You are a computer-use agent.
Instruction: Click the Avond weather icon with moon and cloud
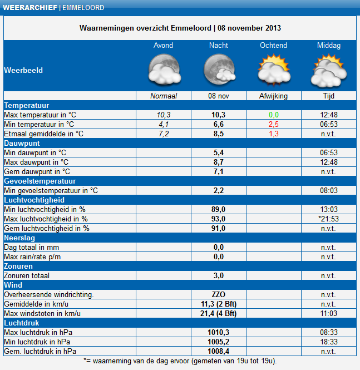165,69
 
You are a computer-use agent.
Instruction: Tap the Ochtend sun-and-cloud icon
274,70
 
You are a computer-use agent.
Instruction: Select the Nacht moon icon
219,69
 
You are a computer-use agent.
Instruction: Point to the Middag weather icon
329,70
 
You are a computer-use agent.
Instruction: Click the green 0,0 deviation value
274,115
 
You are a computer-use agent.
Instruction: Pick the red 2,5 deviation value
274,125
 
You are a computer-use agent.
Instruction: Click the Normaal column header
164,96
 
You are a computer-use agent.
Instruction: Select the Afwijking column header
273,96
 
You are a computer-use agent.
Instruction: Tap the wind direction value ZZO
219,294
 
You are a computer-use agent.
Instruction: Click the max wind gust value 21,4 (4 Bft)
219,313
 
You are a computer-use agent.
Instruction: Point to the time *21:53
329,219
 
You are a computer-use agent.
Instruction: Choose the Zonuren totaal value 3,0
219,275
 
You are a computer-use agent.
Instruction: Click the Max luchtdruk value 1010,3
219,332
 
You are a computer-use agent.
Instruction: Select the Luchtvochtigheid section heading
34,200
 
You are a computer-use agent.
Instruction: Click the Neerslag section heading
19,238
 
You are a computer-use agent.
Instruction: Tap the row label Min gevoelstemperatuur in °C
51,191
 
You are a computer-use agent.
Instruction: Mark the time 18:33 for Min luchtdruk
329,342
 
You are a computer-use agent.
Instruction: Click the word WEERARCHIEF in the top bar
30,8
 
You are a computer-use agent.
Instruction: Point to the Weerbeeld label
23,70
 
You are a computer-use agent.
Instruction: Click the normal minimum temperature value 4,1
164,125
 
